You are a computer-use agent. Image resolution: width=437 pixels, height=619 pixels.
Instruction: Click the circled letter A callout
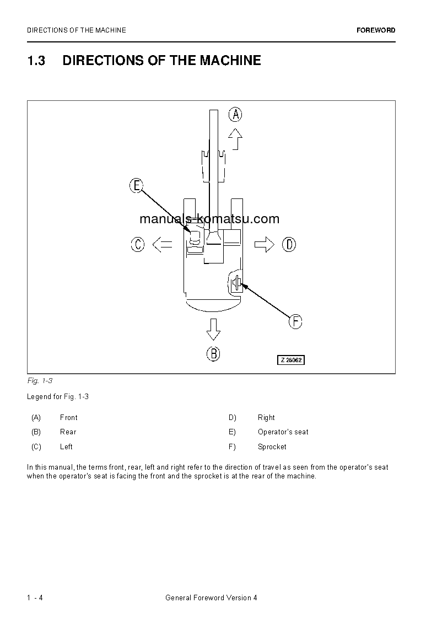[235, 115]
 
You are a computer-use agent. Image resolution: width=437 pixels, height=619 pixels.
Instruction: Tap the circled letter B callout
[213, 353]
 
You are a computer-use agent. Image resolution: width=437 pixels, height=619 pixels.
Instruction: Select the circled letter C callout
[138, 244]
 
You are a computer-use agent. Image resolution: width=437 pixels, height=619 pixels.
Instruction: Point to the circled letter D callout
[289, 244]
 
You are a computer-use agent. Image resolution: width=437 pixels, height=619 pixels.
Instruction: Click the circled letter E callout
[136, 186]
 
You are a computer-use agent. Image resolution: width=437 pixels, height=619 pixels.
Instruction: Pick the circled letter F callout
[296, 321]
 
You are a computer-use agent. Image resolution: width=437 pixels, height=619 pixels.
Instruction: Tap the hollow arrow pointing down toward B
[213, 330]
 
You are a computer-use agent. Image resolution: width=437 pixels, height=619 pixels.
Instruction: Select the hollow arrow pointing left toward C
[161, 244]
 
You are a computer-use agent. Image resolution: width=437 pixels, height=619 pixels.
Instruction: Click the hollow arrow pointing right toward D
[265, 244]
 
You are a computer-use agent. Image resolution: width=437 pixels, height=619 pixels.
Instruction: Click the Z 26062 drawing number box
[290, 360]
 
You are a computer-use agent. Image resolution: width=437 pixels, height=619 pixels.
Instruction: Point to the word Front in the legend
[69, 418]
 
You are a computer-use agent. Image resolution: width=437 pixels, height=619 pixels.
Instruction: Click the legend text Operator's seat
[283, 432]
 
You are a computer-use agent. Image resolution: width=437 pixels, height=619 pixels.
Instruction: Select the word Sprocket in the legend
[272, 447]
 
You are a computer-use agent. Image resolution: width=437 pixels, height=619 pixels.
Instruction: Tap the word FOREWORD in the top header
[376, 30]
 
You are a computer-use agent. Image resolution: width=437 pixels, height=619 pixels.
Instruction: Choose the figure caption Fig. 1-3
[39, 381]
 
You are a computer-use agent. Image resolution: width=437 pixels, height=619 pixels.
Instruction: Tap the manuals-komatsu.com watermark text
[209, 219]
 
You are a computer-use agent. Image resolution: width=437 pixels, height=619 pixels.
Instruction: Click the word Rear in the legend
[68, 432]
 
